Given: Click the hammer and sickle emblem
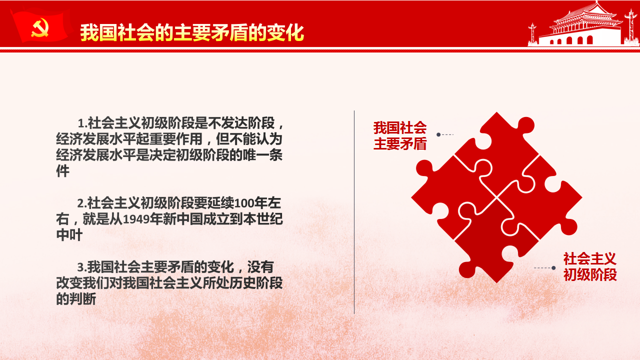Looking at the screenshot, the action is pos(39,27).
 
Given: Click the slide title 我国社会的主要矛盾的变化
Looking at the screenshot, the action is pos(192,33).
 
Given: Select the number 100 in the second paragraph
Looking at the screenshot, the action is pos(243,203).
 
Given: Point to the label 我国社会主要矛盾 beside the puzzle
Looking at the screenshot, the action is pos(400,135).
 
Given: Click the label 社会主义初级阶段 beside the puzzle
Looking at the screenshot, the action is pos(590,266).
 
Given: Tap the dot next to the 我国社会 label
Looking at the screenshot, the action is pos(438,134).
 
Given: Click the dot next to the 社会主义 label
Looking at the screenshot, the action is pos(553,268).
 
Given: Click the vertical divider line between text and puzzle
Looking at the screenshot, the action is pos(354,212).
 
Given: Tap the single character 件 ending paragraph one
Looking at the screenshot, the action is pos(63,171).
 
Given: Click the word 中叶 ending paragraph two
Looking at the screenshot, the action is pos(69,235).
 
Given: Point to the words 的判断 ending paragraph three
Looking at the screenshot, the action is pos(76,299).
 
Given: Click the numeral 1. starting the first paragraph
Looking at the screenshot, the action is pos(82,123).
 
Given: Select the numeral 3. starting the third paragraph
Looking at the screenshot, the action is pos(81,267).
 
